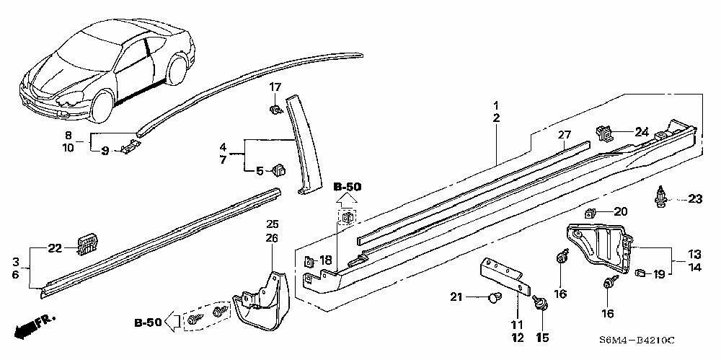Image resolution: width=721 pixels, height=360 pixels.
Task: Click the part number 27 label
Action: click(564, 135)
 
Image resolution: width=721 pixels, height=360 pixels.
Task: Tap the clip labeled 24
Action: click(604, 133)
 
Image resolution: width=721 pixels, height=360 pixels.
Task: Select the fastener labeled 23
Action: click(660, 199)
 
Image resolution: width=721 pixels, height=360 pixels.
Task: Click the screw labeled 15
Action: click(539, 303)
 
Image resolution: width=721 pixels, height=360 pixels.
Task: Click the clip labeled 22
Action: click(87, 244)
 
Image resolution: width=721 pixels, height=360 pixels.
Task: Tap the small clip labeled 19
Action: click(640, 273)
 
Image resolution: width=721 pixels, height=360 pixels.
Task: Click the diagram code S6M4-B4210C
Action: click(637, 341)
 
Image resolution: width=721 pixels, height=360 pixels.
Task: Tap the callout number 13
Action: click(694, 254)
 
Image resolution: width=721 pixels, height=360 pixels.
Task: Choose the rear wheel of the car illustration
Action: click(177, 69)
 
